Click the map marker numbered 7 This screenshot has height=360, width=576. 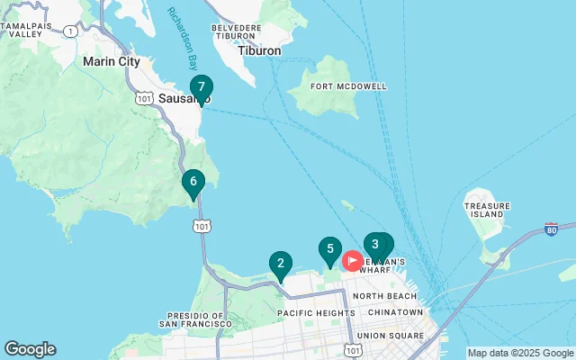point(202,88)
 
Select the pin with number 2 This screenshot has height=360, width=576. point(281,265)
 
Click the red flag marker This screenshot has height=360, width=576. point(352,262)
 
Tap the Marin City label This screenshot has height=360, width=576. point(111,61)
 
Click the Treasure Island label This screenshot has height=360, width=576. point(486,210)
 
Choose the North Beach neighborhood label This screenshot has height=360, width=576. point(384,295)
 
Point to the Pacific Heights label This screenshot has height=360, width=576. point(310,312)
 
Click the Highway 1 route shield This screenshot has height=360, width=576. point(70,31)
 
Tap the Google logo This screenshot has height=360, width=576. point(30,348)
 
